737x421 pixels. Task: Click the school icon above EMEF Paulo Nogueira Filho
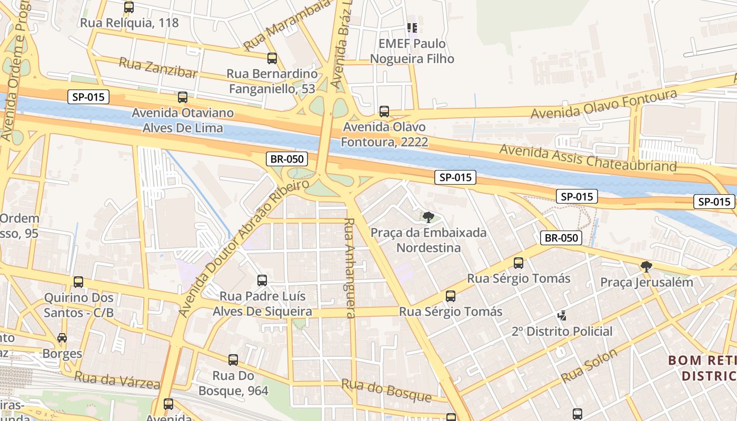coord(412,27)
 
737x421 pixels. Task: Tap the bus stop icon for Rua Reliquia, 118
coord(129,7)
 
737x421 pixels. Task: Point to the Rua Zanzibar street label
coord(158,68)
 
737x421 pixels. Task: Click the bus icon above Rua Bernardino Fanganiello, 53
coord(272,58)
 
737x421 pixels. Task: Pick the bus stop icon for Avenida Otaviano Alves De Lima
coord(183,97)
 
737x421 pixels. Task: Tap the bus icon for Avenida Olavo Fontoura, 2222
coord(384,112)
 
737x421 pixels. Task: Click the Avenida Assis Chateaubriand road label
coord(587,157)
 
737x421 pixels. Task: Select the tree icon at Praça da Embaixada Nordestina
coord(428,217)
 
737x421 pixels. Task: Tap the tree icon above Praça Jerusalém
coord(646,267)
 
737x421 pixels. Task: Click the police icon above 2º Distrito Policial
coord(562,316)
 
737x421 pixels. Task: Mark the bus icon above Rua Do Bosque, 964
coord(233,360)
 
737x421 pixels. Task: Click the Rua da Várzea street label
coord(117,379)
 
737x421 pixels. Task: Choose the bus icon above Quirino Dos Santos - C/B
coord(78,282)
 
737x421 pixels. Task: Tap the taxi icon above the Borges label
coord(62,338)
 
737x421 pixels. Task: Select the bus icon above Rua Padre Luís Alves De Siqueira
coord(262,280)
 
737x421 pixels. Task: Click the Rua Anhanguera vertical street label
coord(350,268)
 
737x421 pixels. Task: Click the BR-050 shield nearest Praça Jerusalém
coord(561,238)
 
